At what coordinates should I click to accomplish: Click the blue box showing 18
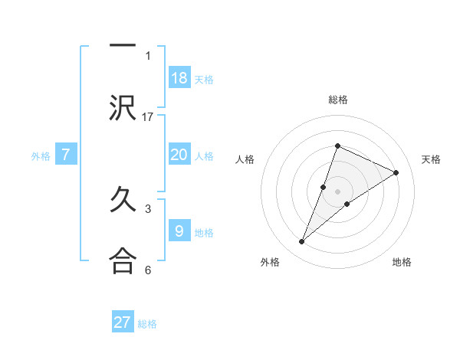179,78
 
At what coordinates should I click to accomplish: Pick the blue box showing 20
179,155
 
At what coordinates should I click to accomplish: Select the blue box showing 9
179,231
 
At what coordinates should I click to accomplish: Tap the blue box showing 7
66,155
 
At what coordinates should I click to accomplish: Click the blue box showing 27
123,322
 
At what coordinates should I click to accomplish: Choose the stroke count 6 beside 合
148,270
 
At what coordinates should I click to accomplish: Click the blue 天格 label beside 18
204,80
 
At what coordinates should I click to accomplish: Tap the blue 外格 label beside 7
41,156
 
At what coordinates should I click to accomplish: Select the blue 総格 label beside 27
147,324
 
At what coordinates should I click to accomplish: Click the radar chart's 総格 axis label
338,100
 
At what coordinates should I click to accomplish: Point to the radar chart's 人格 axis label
245,159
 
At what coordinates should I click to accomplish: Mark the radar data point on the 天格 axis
396,173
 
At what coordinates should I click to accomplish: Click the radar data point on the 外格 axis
302,242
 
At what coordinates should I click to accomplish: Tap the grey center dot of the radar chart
338,191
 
